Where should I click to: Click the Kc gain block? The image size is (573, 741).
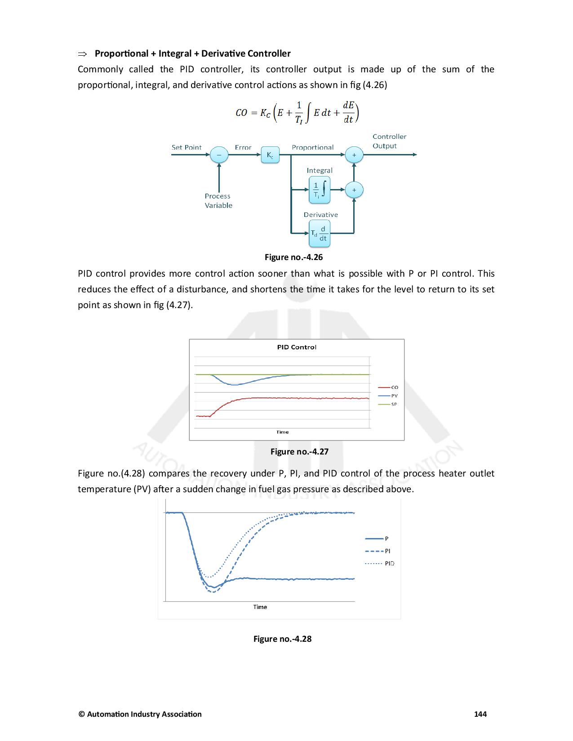pyautogui.click(x=270, y=155)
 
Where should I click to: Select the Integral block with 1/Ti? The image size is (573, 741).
pyautogui.click(x=320, y=190)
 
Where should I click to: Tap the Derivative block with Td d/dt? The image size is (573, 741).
pyautogui.click(x=320, y=234)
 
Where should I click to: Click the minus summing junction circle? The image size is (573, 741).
pyautogui.click(x=219, y=155)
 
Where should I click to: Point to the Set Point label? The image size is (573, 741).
pyautogui.click(x=187, y=147)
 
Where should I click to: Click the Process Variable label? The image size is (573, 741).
pyautogui.click(x=218, y=201)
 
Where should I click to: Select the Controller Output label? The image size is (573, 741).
pyautogui.click(x=389, y=141)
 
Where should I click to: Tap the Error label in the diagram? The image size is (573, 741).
pyautogui.click(x=243, y=147)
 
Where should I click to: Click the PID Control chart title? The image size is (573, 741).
pyautogui.click(x=297, y=347)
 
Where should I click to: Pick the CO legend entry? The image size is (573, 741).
pyautogui.click(x=394, y=387)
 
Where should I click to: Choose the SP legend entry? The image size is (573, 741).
pyautogui.click(x=394, y=404)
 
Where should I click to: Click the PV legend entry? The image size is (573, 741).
pyautogui.click(x=394, y=396)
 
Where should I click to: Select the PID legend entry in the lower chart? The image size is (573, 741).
pyautogui.click(x=389, y=563)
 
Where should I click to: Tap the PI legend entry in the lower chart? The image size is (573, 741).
pyautogui.click(x=387, y=551)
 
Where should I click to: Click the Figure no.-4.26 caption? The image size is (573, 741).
pyautogui.click(x=293, y=257)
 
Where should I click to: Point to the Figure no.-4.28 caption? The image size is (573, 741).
pyautogui.click(x=282, y=639)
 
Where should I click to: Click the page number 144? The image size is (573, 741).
pyautogui.click(x=480, y=714)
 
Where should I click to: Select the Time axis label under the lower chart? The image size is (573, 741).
pyautogui.click(x=260, y=607)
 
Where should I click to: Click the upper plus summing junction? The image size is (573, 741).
pyautogui.click(x=354, y=155)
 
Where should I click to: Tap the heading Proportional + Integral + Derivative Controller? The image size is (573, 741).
pyautogui.click(x=192, y=53)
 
